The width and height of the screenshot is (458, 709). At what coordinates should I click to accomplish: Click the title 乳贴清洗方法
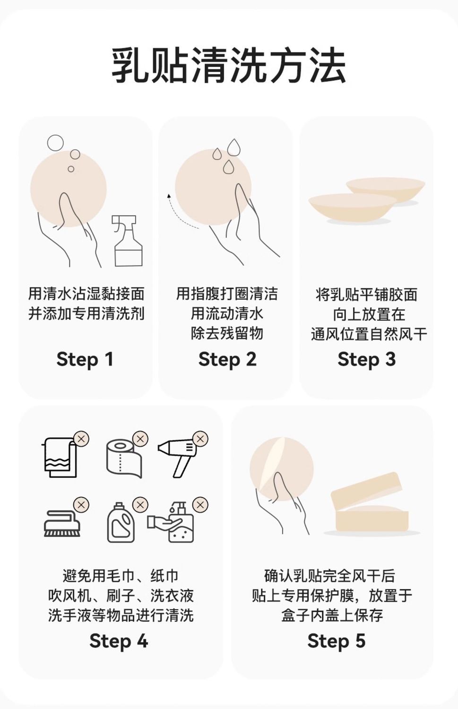(x=228, y=66)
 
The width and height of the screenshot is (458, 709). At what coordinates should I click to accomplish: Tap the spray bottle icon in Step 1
(x=127, y=241)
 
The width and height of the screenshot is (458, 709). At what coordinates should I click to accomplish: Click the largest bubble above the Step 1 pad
(x=55, y=143)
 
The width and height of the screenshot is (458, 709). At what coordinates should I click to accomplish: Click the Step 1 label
(x=85, y=360)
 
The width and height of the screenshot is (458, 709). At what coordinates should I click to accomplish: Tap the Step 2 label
(x=227, y=360)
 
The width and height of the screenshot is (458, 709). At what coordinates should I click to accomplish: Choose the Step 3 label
(x=366, y=360)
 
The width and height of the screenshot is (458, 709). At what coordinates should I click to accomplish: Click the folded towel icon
(x=60, y=458)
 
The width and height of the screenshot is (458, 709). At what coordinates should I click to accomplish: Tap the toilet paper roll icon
(x=123, y=458)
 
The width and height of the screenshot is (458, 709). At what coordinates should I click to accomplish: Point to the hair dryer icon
(x=178, y=457)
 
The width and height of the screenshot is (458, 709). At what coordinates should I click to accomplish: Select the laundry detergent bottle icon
(x=121, y=522)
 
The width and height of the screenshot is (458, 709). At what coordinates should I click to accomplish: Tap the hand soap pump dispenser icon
(x=171, y=522)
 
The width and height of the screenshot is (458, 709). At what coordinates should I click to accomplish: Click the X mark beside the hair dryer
(x=200, y=439)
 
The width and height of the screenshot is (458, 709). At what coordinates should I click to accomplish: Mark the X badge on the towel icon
(x=81, y=439)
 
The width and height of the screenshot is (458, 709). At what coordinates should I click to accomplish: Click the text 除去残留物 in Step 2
(x=227, y=333)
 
